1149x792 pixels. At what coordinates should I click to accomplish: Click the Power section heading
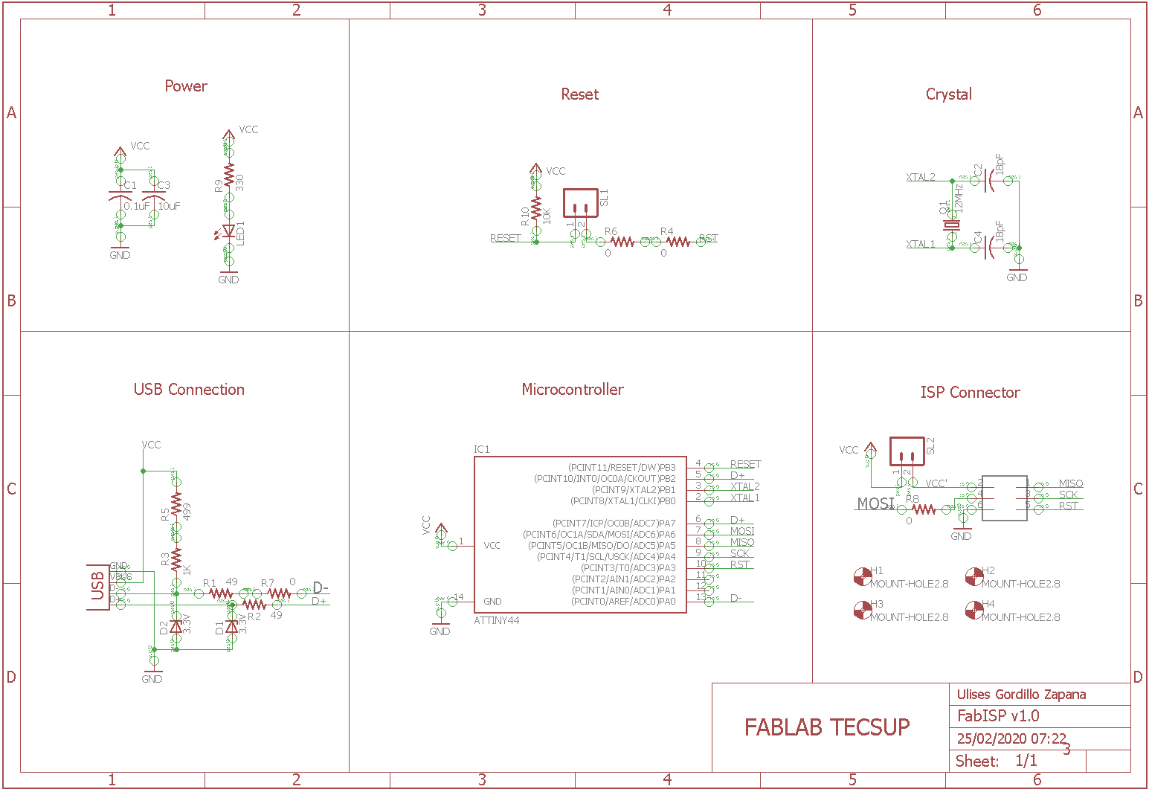(x=186, y=86)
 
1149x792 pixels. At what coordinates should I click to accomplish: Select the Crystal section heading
(x=948, y=94)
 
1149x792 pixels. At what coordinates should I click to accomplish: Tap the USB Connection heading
(x=189, y=390)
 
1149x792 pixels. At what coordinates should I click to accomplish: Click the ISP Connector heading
(x=970, y=393)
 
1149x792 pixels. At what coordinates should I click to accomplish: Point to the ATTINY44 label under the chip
(x=497, y=620)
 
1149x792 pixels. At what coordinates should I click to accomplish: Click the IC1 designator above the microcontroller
(x=482, y=449)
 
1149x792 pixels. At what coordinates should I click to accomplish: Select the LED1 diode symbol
(x=229, y=232)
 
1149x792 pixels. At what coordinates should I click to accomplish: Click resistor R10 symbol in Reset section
(x=536, y=209)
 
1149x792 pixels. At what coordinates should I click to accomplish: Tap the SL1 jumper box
(x=581, y=202)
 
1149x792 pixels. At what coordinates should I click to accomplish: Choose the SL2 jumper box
(x=907, y=451)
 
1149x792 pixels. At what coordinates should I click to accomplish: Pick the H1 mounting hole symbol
(x=862, y=576)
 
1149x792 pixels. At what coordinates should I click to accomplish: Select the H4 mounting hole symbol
(x=973, y=610)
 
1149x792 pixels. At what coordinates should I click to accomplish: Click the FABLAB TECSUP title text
(x=827, y=727)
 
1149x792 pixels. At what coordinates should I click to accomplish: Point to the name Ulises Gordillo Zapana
(x=1021, y=695)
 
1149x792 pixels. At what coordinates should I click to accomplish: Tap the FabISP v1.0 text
(x=998, y=716)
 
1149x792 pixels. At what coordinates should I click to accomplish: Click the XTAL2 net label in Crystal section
(x=921, y=177)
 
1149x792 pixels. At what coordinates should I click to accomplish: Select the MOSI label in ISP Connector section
(x=875, y=503)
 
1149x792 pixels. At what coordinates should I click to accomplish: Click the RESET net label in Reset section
(x=505, y=238)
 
